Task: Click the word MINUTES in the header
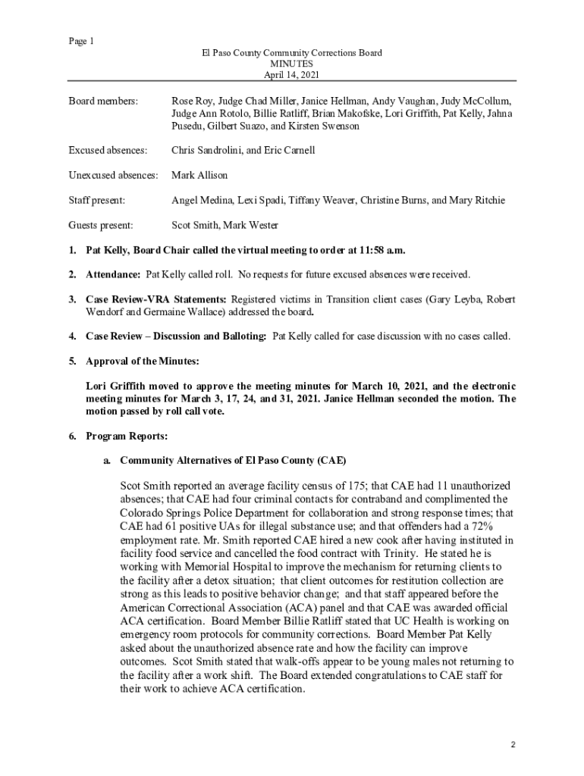(292, 64)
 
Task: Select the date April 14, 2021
(291, 76)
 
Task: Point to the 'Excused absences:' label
(108, 150)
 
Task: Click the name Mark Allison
(199, 175)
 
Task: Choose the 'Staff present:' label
(97, 200)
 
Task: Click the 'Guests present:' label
(101, 225)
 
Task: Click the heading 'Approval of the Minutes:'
(143, 360)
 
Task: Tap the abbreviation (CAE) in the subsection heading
(332, 460)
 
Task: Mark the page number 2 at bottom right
(513, 745)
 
